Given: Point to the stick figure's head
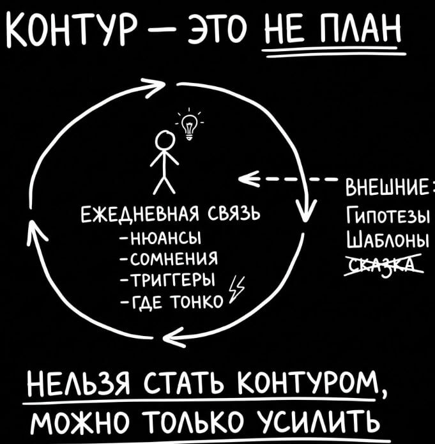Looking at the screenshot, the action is (166, 139).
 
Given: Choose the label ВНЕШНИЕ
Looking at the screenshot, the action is (387, 190).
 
